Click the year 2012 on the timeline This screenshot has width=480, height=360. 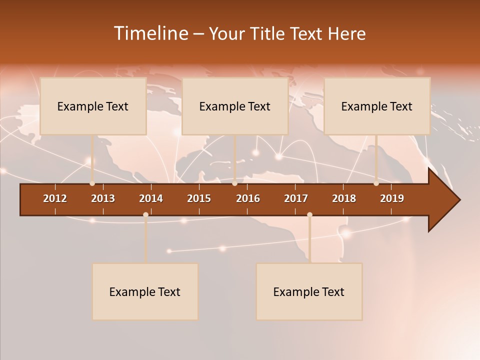[55, 198]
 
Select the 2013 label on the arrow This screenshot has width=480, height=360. [103, 198]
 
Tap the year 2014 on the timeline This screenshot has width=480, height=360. [151, 198]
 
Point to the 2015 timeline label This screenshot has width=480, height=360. [199, 198]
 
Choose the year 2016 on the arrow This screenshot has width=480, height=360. [248, 198]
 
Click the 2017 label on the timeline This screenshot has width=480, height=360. [296, 198]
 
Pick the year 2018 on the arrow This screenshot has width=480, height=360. [344, 198]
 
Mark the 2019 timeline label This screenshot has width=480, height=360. [392, 198]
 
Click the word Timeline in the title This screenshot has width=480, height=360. [150, 33]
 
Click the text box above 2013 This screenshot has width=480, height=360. [93, 106]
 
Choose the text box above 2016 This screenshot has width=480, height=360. [235, 106]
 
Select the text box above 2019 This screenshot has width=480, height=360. [377, 106]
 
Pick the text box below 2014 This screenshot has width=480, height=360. [145, 291]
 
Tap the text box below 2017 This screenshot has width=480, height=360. [309, 291]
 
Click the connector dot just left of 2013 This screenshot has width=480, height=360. [92, 183]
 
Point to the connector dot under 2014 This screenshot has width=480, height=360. [145, 215]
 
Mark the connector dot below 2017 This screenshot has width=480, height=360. [309, 215]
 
